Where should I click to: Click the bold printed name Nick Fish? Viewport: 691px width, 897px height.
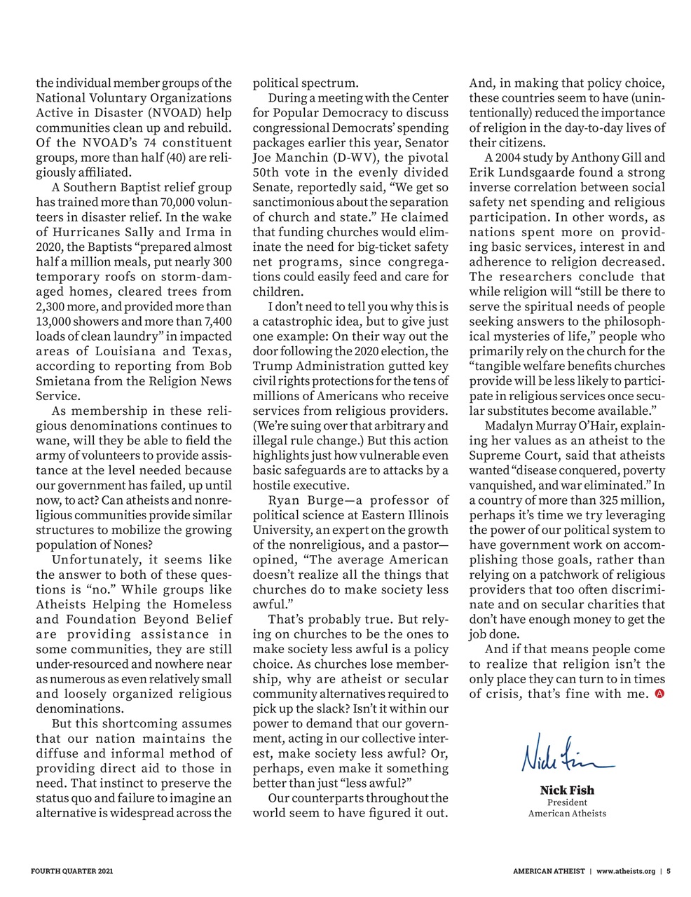point(567,791)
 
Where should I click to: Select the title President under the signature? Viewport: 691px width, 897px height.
point(567,802)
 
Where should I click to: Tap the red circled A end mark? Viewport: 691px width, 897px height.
point(659,694)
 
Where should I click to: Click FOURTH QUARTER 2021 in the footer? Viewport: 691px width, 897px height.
point(72,872)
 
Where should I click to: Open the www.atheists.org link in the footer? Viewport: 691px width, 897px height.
point(626,872)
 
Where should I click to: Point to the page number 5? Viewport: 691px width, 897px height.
point(669,872)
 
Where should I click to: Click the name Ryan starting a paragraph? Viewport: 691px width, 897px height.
point(285,500)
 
